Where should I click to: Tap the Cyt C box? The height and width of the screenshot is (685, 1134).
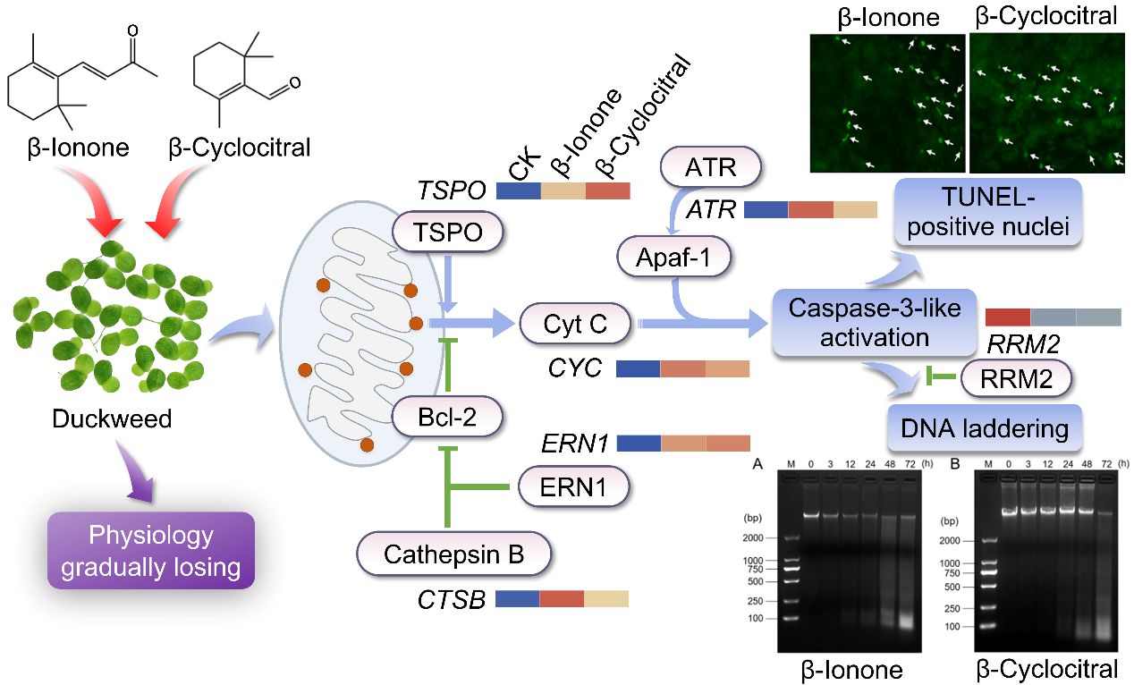point(575,324)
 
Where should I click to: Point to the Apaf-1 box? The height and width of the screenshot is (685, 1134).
point(673,258)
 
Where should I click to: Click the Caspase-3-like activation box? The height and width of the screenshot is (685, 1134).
point(874,323)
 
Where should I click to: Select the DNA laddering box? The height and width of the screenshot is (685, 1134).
point(985,428)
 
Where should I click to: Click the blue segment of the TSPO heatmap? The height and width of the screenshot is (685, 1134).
point(518,190)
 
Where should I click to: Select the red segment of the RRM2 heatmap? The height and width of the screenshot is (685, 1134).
point(1007,317)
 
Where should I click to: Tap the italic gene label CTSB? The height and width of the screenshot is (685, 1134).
point(451,599)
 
